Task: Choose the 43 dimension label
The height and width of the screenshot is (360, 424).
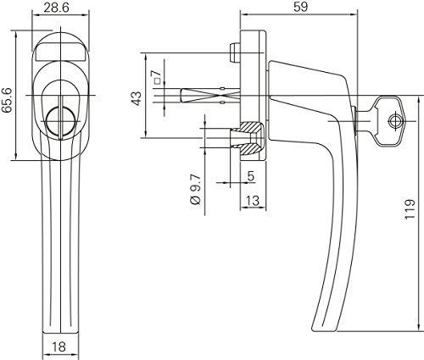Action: tap(135, 99)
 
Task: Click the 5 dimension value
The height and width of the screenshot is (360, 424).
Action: tap(252, 177)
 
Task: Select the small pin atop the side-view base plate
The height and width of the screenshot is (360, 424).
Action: tap(232, 53)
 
